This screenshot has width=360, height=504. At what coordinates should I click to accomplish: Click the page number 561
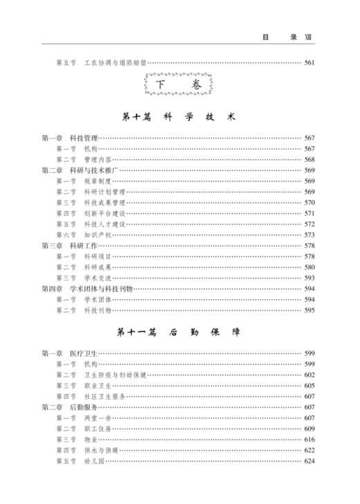(309, 63)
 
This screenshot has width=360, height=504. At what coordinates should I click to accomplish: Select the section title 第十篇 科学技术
(179, 117)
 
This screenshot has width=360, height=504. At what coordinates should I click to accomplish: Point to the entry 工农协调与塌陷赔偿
(116, 63)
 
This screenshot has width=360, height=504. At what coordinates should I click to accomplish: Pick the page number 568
(309, 159)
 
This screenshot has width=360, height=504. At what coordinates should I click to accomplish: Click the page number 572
(309, 224)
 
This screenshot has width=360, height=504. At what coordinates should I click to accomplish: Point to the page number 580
(309, 267)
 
